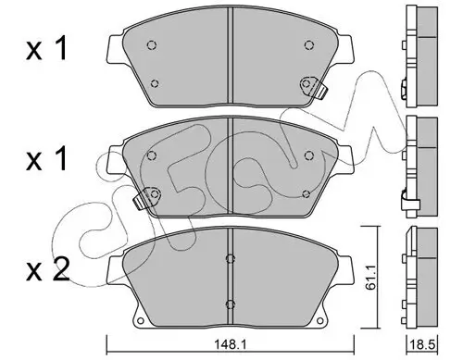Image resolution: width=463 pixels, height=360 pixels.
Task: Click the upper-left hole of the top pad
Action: pyautogui.click(x=154, y=46)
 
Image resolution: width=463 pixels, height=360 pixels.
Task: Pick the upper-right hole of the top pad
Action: pyautogui.click(x=306, y=46)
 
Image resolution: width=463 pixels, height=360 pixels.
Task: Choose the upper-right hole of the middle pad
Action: pyautogui.click(x=306, y=157)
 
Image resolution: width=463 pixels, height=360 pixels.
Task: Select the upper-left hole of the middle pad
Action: pyautogui.click(x=154, y=157)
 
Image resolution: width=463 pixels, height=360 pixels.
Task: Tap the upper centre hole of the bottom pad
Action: pyautogui.click(x=229, y=259)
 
